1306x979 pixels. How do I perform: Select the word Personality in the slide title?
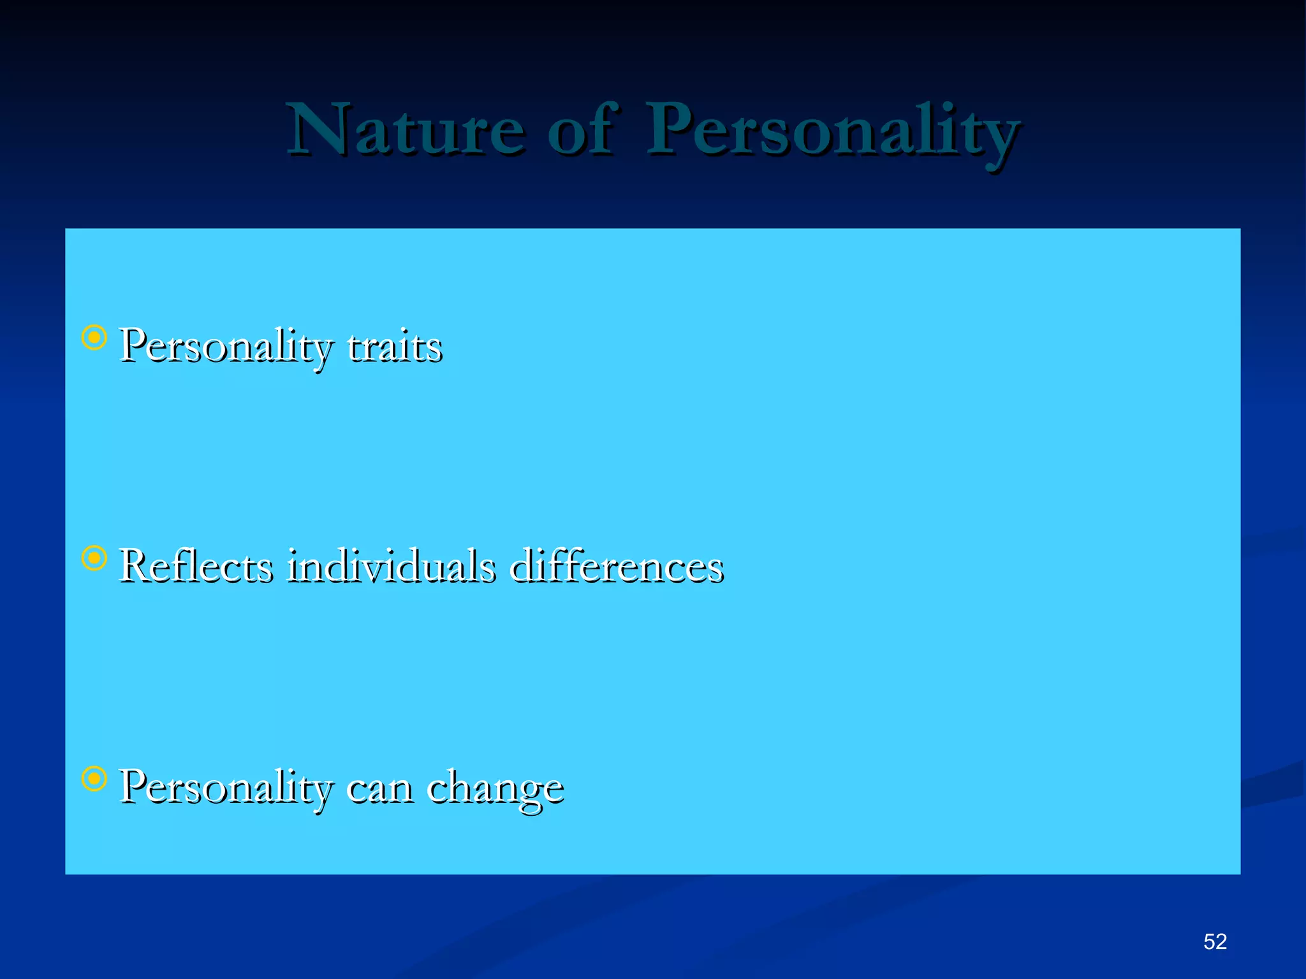tap(832, 131)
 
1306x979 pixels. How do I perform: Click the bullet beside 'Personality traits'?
tap(94, 338)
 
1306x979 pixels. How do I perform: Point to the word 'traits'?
tap(395, 347)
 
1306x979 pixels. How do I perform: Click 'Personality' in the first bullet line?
tap(226, 347)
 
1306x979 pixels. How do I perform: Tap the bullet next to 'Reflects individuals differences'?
tap(94, 558)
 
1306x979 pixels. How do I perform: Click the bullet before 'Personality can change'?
tap(94, 778)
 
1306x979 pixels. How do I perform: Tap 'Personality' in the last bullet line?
tap(226, 787)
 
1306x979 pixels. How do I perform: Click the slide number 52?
tap(1215, 941)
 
